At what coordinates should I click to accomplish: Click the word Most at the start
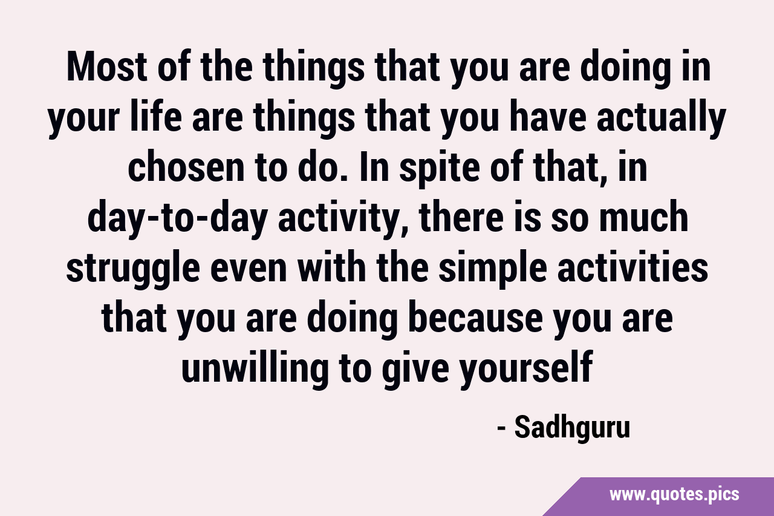tap(107, 67)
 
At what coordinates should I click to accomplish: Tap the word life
tap(156, 117)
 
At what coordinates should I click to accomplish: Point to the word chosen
tap(187, 168)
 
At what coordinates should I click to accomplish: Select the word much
tap(643, 217)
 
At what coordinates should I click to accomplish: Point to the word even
tap(249, 271)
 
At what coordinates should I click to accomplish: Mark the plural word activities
tap(633, 267)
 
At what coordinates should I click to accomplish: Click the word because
tap(475, 318)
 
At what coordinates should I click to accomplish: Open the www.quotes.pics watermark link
tap(674, 495)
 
